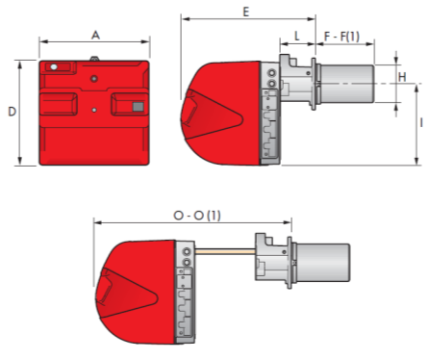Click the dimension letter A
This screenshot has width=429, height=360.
tap(95, 35)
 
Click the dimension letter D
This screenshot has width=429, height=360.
tap(12, 112)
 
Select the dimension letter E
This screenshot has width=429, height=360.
tap(246, 12)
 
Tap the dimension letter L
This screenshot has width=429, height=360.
tap(297, 36)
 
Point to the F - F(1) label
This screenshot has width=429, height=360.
tap(341, 37)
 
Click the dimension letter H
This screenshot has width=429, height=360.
tap(402, 77)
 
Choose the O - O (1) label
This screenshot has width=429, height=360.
tap(197, 216)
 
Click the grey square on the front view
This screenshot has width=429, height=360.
tap(138, 107)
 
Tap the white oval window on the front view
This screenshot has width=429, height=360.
tap(54, 66)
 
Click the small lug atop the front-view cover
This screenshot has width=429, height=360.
tap(94, 59)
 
